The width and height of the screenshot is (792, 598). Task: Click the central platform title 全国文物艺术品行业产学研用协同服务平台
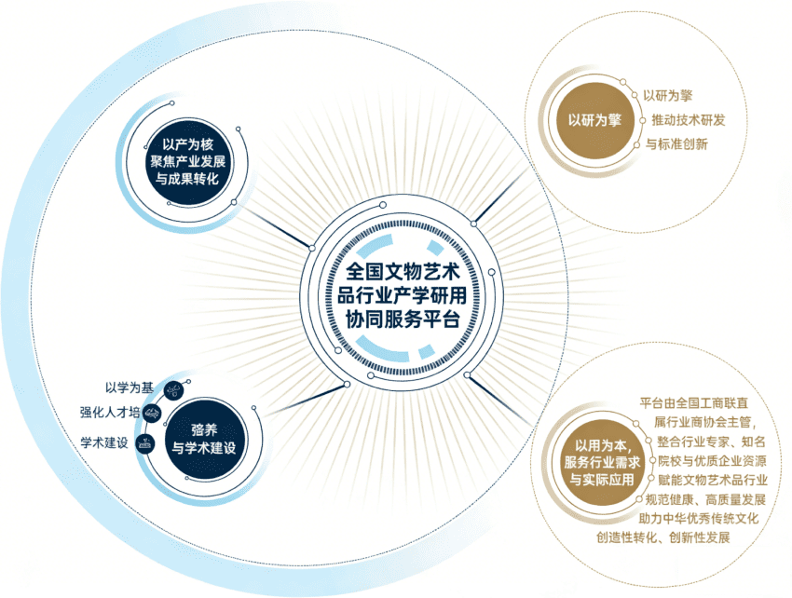coord(403,295)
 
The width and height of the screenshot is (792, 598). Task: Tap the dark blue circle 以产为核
coord(187,162)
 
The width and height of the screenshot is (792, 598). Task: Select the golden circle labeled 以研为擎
coord(594,120)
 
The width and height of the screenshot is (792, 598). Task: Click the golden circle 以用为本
coord(602,462)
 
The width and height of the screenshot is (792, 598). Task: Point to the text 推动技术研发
coord(688,120)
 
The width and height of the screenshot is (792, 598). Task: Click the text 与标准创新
coord(676,144)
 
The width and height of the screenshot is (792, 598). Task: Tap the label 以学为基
coord(130,387)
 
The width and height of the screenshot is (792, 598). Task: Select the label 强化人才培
coord(110,412)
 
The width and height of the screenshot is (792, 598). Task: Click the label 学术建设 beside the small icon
coord(104,443)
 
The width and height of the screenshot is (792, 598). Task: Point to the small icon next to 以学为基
coord(173,390)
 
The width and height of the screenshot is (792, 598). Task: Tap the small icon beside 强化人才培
coord(152,415)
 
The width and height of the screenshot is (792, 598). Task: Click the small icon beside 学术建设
coord(145,443)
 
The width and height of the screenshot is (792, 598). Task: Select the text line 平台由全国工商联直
coord(693,403)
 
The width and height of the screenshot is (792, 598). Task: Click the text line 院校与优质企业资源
coord(712,461)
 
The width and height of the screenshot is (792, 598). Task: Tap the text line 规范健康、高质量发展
coord(705,499)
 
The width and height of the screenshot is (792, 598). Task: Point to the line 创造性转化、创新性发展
coord(663,537)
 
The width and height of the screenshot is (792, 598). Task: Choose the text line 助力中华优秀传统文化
coord(699,518)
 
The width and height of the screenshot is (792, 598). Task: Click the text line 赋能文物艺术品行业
coord(712,480)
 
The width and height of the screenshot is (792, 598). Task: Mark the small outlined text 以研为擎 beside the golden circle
coord(667,95)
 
